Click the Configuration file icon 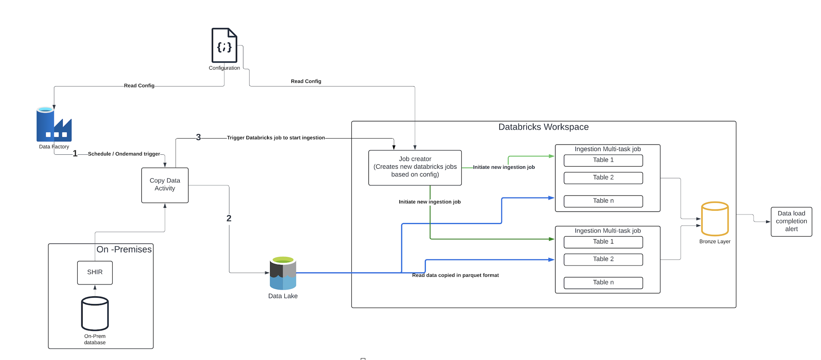[x=224, y=45]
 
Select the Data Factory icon [x=54, y=125]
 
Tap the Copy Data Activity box [x=165, y=185]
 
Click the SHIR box [x=95, y=272]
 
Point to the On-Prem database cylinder [x=95, y=313]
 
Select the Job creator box [x=415, y=167]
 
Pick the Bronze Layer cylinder [x=715, y=219]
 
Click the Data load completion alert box [x=791, y=221]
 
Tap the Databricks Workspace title [x=543, y=127]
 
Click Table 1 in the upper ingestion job [x=603, y=160]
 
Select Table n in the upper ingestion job [x=603, y=201]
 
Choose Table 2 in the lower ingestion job [x=603, y=259]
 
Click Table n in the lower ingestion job [x=603, y=283]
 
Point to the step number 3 [x=198, y=137]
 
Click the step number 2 [x=229, y=218]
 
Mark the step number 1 [x=75, y=154]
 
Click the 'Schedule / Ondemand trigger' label [x=124, y=154]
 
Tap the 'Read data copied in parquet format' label [x=455, y=275]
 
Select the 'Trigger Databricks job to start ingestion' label [x=276, y=138]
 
